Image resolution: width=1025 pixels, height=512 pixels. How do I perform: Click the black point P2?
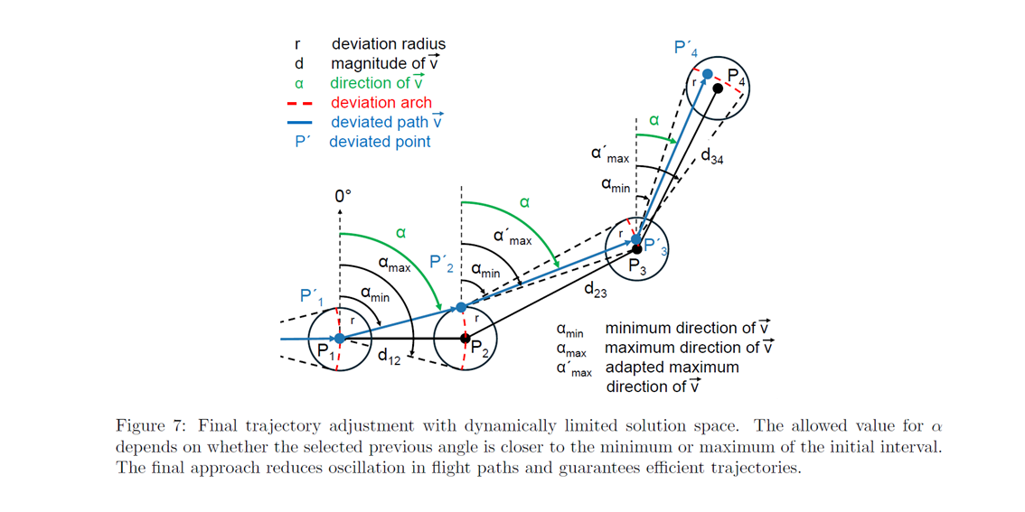click(465, 339)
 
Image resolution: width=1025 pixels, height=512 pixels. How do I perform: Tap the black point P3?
click(636, 248)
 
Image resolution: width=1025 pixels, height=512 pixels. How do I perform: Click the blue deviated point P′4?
click(708, 73)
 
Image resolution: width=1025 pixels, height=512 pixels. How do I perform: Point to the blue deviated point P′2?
click(461, 308)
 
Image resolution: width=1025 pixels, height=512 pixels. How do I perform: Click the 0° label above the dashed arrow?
click(342, 195)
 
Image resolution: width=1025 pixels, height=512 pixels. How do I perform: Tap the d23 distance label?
click(595, 290)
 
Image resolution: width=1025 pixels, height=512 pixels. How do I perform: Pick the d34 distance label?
click(711, 156)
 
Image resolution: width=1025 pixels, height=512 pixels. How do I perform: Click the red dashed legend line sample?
click(299, 103)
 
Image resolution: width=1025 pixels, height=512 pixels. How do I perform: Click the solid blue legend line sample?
click(299, 122)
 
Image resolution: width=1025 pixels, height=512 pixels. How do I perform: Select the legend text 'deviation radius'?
click(388, 43)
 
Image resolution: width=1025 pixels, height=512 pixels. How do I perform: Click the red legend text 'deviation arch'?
click(381, 103)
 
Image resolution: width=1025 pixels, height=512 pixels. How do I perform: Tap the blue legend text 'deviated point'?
click(380, 142)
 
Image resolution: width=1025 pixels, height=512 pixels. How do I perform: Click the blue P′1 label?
click(311, 296)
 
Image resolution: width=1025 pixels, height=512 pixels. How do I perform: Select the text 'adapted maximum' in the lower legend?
click(672, 368)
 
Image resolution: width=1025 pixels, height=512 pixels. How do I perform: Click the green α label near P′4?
click(654, 119)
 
